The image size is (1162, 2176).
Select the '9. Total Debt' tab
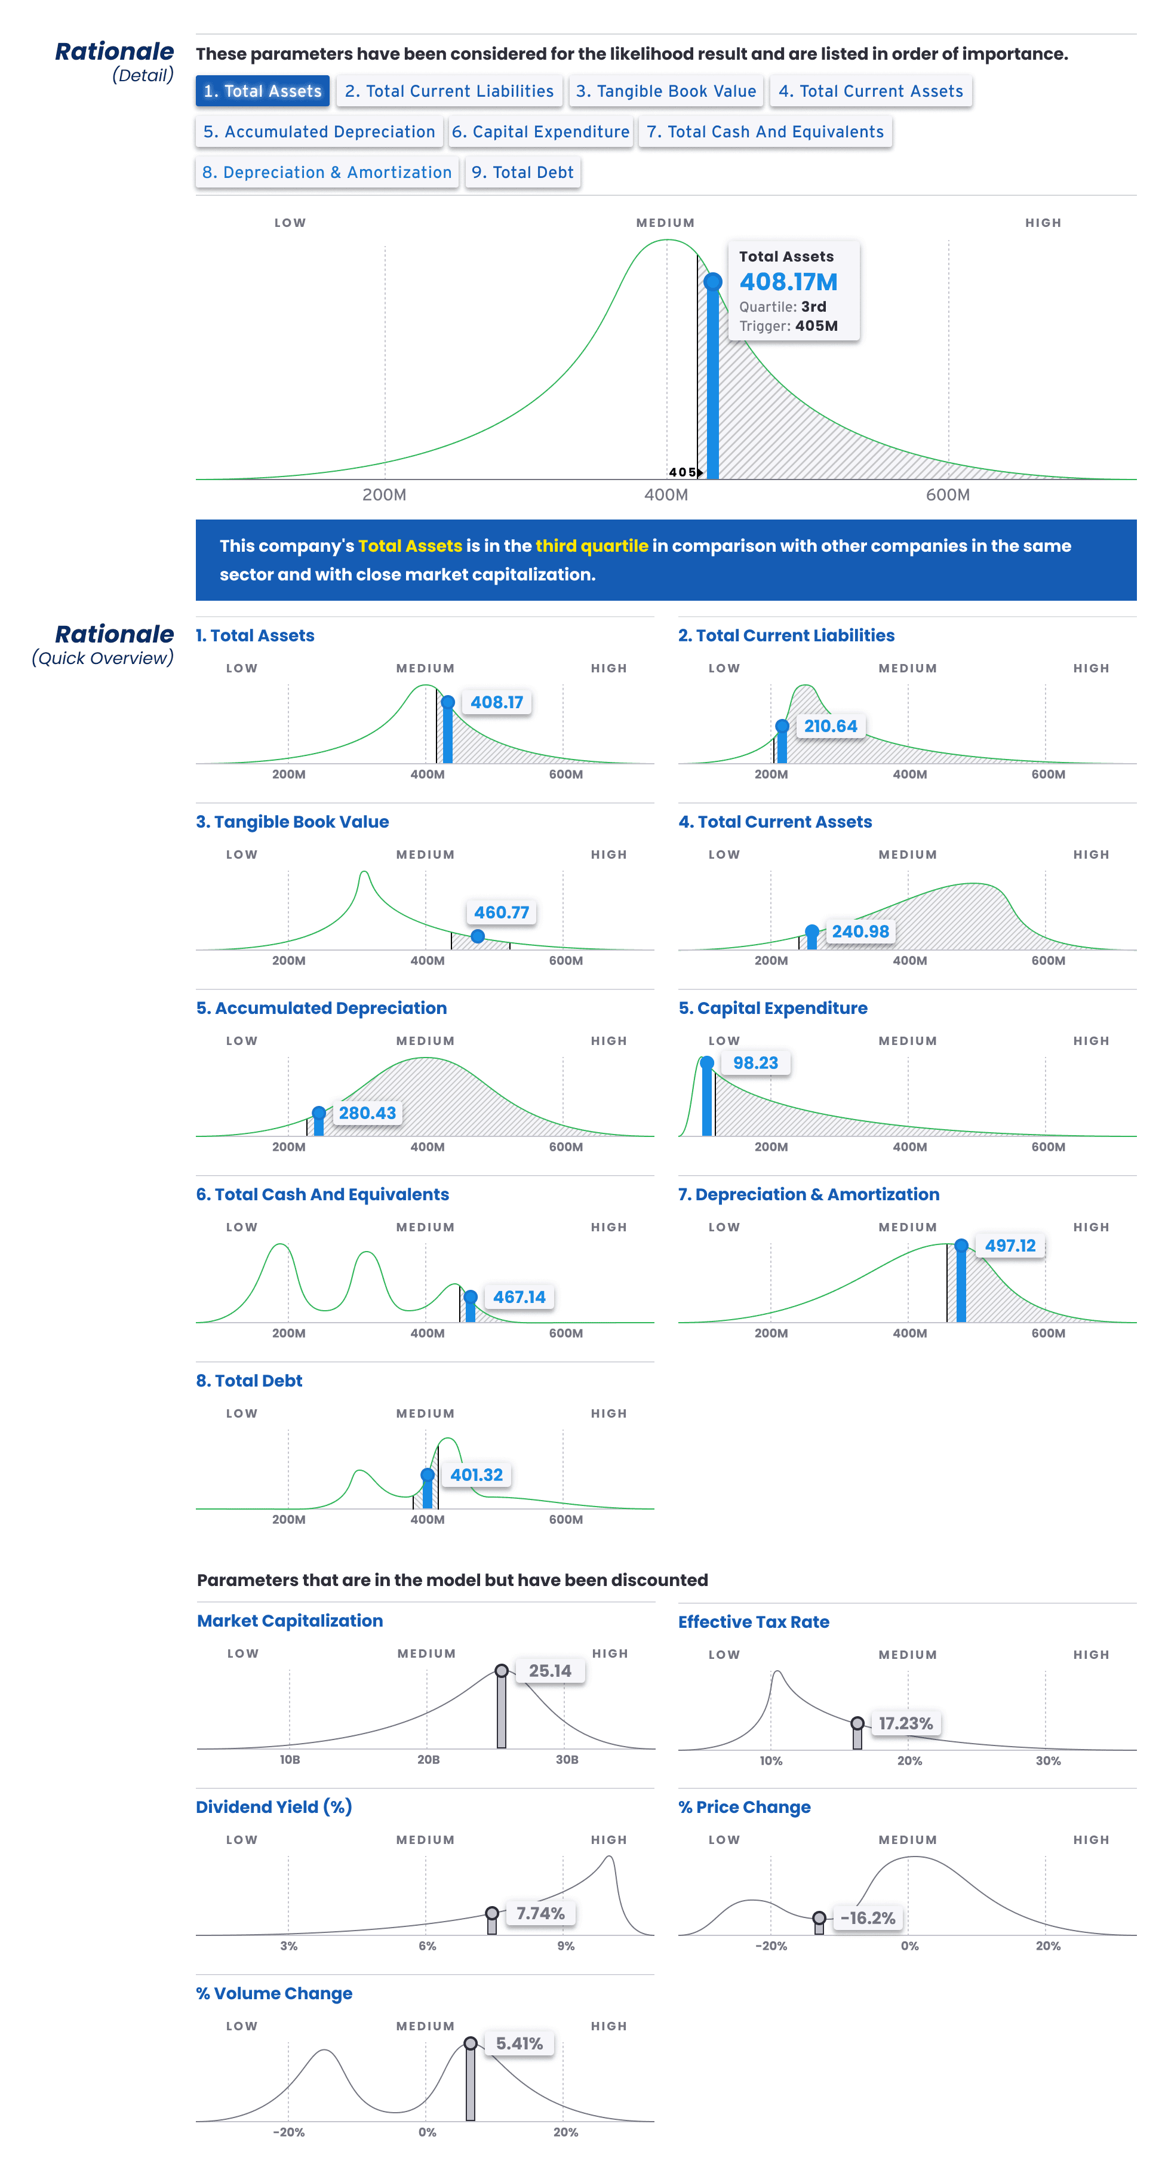(x=522, y=173)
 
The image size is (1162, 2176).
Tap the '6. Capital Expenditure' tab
(x=540, y=132)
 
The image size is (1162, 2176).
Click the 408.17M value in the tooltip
(x=788, y=282)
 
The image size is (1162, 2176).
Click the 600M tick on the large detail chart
(x=948, y=495)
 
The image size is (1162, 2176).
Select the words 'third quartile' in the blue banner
(x=591, y=546)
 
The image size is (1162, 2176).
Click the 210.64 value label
(x=830, y=727)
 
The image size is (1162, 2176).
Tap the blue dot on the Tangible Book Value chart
(x=478, y=936)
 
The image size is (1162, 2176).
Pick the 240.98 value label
(x=860, y=932)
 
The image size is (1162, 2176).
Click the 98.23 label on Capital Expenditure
(x=755, y=1063)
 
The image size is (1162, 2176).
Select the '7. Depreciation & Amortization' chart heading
(x=808, y=1194)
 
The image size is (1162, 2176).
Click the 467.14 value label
(x=518, y=1296)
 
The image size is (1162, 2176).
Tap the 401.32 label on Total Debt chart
(x=477, y=1475)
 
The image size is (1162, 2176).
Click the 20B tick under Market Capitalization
(x=428, y=1760)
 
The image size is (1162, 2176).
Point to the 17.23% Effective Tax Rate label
(x=905, y=1723)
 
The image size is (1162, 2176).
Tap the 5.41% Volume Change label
(x=518, y=2043)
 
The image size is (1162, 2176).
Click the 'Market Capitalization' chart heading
(x=290, y=1620)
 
